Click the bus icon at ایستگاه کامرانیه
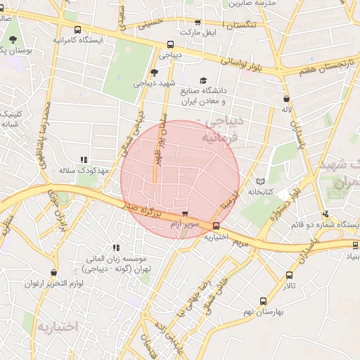[x=77, y=30]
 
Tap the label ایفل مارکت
[x=196, y=32]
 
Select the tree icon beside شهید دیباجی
[x=155, y=72]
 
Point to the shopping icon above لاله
[x=285, y=99]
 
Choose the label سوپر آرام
[x=185, y=223]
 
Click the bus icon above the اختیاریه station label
[x=216, y=226]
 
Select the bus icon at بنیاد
[x=355, y=245]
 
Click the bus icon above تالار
[x=289, y=276]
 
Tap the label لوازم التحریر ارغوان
[x=54, y=283]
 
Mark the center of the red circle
[x=181, y=179]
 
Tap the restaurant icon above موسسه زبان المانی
[x=116, y=247]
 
